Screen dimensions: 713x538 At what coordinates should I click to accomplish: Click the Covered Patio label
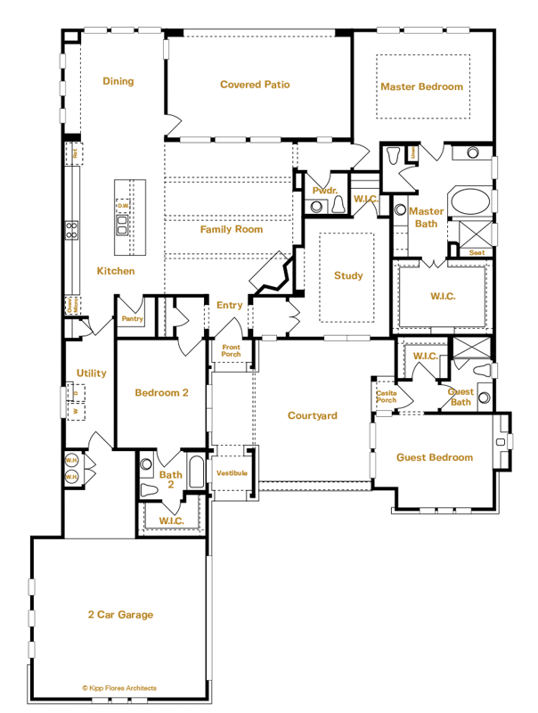(x=255, y=85)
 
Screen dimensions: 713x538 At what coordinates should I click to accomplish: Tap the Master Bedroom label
(x=421, y=86)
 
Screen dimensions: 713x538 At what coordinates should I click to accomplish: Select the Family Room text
(x=231, y=229)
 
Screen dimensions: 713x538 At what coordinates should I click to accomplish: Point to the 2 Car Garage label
(x=120, y=614)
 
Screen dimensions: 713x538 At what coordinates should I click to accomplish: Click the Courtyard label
(x=312, y=415)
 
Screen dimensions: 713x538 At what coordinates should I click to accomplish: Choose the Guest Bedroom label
(x=434, y=457)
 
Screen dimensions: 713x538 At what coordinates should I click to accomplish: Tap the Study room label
(x=348, y=275)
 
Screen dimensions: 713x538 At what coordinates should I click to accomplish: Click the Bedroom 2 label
(x=161, y=393)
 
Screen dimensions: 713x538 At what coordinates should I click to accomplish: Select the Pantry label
(x=133, y=318)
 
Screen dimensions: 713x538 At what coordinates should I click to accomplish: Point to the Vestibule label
(x=232, y=472)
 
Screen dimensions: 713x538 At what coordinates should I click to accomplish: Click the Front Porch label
(x=231, y=350)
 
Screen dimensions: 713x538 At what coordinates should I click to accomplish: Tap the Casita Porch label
(x=386, y=396)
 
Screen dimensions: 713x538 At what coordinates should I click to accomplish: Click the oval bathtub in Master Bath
(x=468, y=201)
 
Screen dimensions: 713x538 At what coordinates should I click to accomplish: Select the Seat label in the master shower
(x=477, y=252)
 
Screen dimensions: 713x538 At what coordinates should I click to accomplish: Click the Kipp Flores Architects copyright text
(x=118, y=688)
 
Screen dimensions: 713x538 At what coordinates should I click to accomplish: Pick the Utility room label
(x=91, y=373)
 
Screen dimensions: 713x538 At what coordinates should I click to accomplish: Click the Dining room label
(x=118, y=81)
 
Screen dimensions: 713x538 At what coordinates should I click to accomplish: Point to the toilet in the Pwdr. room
(x=340, y=206)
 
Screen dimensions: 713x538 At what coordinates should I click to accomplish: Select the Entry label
(x=229, y=306)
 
